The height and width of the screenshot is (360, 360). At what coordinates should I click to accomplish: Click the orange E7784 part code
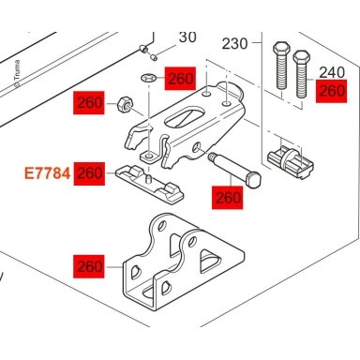[x=48, y=173]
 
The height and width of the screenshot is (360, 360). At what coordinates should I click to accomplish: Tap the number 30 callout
[x=187, y=37]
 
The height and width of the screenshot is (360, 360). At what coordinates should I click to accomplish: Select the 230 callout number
[x=234, y=44]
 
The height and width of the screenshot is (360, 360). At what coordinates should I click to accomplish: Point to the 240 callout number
[x=332, y=72]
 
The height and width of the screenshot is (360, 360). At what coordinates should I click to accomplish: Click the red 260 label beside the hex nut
[x=89, y=102]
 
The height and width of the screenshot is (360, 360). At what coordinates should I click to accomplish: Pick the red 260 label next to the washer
[x=180, y=78]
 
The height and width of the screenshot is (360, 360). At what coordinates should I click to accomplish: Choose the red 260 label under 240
[x=331, y=91]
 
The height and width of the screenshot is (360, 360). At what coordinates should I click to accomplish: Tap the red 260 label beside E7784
[x=89, y=173]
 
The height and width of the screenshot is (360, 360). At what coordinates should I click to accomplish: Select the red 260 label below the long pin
[x=227, y=198]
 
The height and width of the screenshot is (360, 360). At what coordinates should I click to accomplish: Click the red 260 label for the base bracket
[x=89, y=266]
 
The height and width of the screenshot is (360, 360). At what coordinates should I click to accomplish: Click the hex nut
[x=126, y=105]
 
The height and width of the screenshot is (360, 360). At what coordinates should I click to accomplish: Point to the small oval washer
[x=149, y=78]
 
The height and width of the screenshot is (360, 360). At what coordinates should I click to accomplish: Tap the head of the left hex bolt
[x=282, y=49]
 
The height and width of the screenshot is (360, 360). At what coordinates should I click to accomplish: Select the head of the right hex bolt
[x=301, y=57]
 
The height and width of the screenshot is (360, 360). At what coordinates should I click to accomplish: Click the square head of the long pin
[x=253, y=181]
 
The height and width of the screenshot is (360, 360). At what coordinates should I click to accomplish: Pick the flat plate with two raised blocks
[x=149, y=185]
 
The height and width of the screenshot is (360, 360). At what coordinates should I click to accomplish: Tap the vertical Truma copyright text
[x=17, y=74]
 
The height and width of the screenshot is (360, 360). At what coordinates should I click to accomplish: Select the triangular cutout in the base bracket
[x=210, y=260]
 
